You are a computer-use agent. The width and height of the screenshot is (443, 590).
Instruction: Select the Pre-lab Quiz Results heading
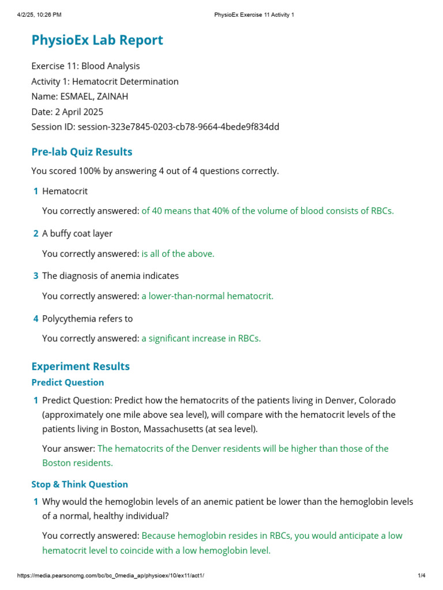(81, 152)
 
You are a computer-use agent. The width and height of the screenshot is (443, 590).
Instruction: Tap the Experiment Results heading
(80, 366)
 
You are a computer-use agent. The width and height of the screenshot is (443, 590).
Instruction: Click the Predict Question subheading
(67, 383)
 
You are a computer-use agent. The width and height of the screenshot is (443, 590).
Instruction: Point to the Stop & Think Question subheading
(80, 485)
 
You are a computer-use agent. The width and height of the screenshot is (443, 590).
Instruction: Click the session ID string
(178, 127)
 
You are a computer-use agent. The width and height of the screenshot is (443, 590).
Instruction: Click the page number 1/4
(421, 576)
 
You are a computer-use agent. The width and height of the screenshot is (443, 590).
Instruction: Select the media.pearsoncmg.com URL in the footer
(110, 576)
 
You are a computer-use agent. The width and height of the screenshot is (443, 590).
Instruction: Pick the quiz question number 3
(36, 276)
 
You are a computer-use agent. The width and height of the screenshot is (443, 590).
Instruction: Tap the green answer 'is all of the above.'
(178, 254)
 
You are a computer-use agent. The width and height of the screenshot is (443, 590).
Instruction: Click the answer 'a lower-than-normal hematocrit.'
(208, 296)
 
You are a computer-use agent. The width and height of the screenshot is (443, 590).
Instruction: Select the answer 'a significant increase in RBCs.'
(201, 339)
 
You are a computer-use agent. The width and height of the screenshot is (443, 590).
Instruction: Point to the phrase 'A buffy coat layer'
(77, 233)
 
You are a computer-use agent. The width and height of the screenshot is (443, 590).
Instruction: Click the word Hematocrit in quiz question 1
(65, 191)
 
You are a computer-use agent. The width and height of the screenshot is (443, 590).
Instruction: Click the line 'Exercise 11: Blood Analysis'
(85, 66)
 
